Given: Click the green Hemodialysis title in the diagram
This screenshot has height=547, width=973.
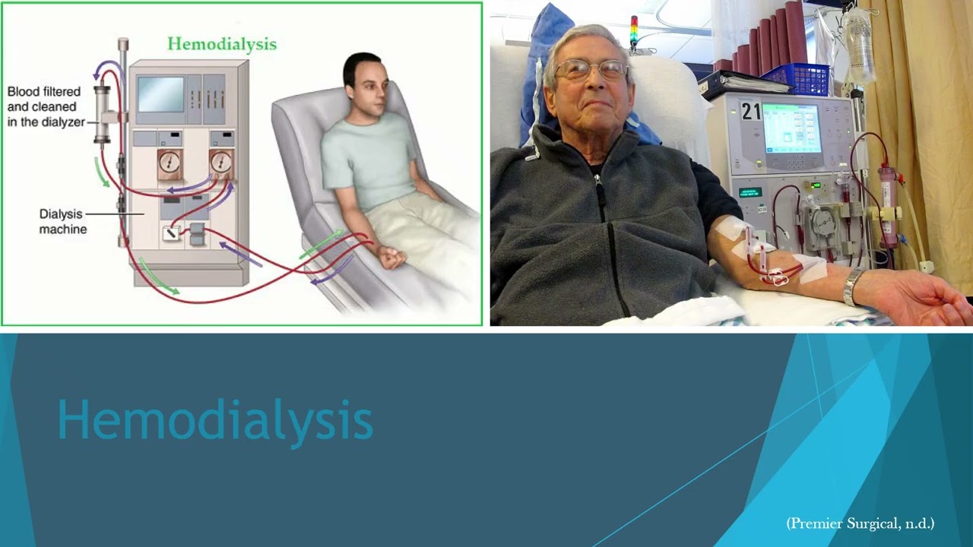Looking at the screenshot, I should tap(222, 44).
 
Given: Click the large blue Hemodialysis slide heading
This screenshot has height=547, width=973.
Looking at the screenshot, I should tap(215, 420).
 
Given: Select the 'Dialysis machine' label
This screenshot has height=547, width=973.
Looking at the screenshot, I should tap(62, 222).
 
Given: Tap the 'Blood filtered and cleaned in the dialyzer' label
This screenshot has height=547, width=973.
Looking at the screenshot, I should tap(46, 107).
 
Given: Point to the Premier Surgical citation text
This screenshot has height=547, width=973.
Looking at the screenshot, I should tap(860, 523).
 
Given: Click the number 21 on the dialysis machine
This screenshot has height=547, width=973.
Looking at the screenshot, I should tap(751, 112).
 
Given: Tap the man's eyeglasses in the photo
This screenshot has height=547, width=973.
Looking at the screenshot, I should tap(591, 71).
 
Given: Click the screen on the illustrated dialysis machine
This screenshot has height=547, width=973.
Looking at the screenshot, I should tap(160, 94).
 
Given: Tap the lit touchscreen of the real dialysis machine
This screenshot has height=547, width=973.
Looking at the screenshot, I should tap(791, 128).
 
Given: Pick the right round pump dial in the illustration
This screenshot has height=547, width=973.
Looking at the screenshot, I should tap(221, 163).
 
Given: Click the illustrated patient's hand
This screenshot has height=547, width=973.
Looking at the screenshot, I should tap(392, 258).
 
